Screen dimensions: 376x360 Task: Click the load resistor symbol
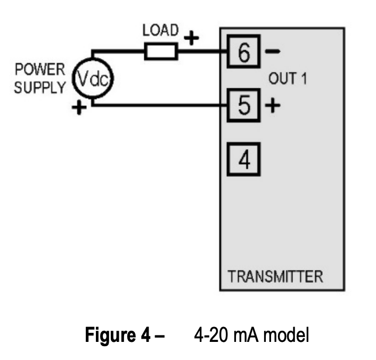[161, 51]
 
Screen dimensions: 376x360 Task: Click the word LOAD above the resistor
[161, 30]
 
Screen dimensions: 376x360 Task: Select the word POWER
[40, 69]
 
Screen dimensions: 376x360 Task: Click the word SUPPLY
[40, 87]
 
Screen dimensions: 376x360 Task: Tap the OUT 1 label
[288, 78]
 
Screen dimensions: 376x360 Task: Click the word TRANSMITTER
[275, 276]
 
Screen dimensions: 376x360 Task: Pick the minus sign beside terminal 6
[272, 51]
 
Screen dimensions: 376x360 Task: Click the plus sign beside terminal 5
[272, 105]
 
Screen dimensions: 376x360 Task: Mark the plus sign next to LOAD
[191, 38]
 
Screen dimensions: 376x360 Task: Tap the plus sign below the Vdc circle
[79, 107]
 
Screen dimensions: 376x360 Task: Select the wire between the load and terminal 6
[202, 51]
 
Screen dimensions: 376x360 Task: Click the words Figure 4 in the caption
[118, 335]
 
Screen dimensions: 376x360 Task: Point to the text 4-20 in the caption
[211, 335]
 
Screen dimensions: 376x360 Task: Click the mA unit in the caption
[246, 336]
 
